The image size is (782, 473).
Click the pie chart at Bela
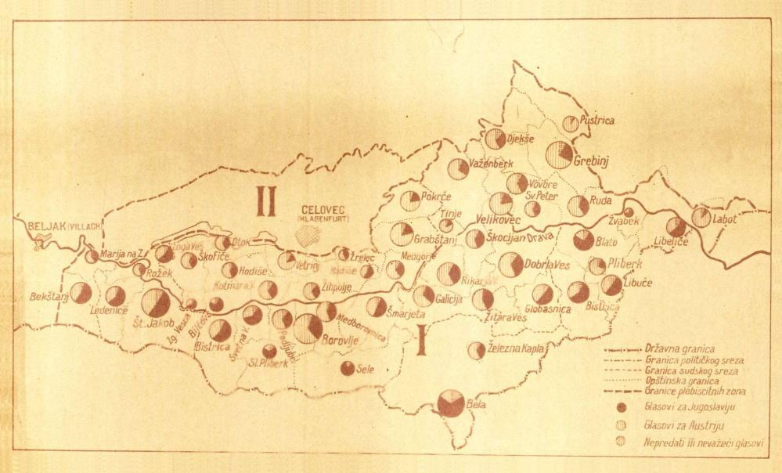tap(451, 403)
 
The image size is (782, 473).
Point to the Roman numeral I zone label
tap(420, 343)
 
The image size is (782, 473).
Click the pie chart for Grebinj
tap(559, 154)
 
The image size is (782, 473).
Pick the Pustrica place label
tap(597, 121)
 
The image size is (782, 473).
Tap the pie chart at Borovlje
tap(308, 329)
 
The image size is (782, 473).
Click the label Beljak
tap(44, 226)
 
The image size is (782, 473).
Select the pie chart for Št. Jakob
tap(156, 302)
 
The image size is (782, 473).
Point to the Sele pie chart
tap(348, 368)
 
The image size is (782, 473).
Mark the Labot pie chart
tap(701, 217)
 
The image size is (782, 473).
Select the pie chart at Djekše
tap(495, 139)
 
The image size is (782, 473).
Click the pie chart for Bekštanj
tap(81, 293)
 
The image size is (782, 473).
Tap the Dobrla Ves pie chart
tap(510, 265)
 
